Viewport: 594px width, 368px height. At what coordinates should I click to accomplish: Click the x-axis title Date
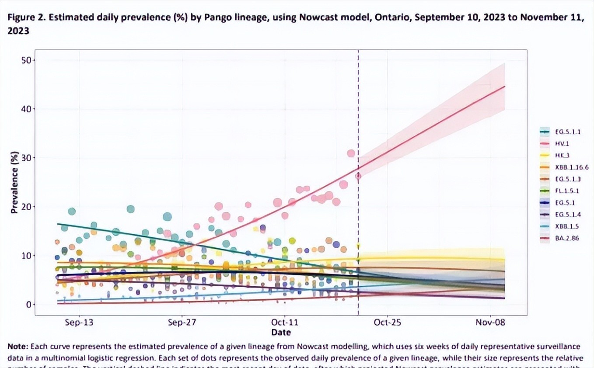(281, 332)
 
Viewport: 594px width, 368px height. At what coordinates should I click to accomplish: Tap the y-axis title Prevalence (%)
(14, 182)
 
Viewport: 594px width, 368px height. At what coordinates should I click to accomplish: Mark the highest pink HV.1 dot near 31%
(351, 153)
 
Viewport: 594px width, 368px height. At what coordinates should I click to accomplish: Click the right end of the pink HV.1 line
(505, 86)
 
